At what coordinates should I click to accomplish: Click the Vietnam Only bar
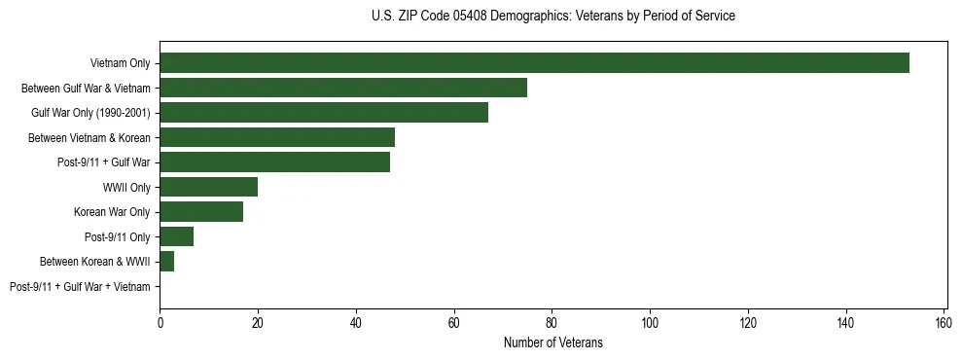click(534, 63)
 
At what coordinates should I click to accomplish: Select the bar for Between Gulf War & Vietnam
click(343, 88)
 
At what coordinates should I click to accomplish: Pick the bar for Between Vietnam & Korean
click(277, 137)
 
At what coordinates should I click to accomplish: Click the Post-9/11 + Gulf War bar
click(274, 162)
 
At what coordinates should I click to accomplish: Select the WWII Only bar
click(208, 187)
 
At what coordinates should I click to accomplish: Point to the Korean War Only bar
click(201, 212)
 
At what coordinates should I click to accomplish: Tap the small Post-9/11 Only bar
click(177, 236)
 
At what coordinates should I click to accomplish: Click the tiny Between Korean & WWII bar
click(167, 262)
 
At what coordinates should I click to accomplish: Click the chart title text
click(552, 17)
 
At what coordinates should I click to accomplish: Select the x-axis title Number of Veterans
click(552, 342)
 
